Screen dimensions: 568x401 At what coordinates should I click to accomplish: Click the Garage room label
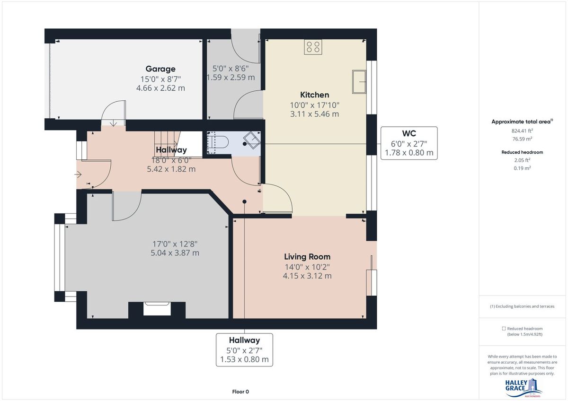(x=160, y=69)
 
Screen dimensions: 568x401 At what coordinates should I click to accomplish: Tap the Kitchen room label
(x=314, y=95)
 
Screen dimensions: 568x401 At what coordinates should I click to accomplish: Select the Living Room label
(x=307, y=257)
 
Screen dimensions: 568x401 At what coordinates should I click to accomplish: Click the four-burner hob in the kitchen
(x=313, y=47)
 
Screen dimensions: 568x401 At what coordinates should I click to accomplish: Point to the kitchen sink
(x=359, y=82)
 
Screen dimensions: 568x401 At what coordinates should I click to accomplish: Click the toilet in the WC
(x=217, y=142)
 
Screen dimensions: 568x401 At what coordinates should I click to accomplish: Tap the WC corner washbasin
(x=252, y=140)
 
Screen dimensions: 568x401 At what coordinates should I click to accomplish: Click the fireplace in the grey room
(x=157, y=309)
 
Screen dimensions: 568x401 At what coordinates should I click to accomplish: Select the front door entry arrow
(x=78, y=174)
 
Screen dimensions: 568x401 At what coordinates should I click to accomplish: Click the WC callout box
(x=409, y=143)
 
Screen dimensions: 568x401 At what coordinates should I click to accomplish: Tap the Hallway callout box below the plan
(x=244, y=350)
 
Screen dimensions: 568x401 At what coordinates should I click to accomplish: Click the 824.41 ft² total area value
(x=522, y=131)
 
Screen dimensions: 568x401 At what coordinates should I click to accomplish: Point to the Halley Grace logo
(x=523, y=388)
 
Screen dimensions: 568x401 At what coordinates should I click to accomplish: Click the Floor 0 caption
(x=240, y=392)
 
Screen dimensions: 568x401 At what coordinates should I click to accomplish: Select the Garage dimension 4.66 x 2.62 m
(x=160, y=88)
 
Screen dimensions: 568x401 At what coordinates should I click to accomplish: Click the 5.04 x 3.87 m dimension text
(x=175, y=253)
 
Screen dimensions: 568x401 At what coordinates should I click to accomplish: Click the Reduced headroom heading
(x=522, y=152)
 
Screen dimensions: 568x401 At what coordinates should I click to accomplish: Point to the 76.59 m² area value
(x=522, y=139)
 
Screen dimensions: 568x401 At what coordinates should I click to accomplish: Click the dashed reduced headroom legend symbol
(x=504, y=329)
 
